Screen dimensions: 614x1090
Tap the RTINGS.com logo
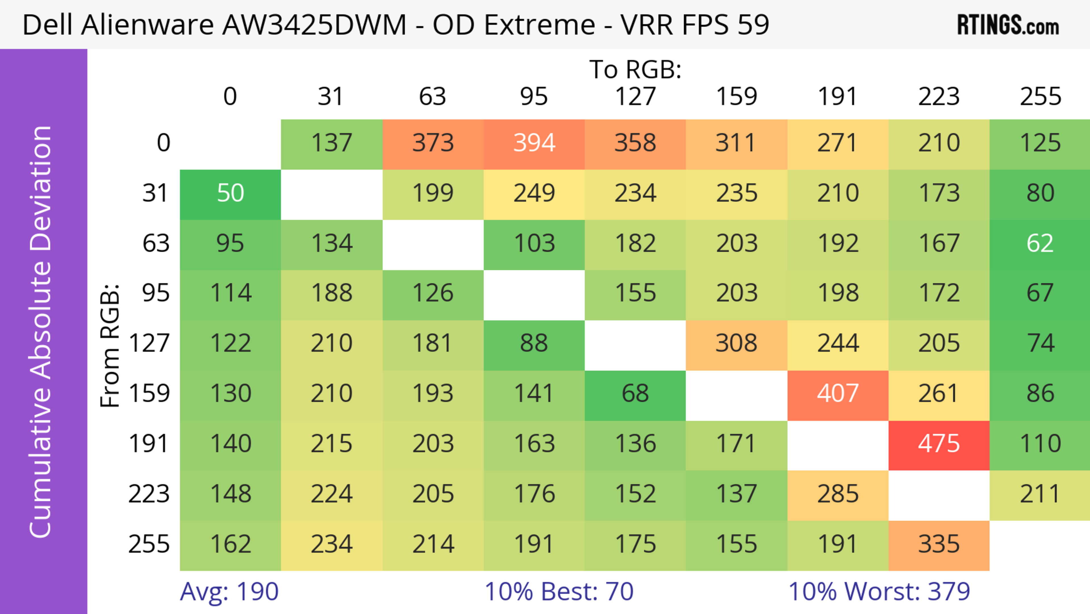[x=1008, y=25]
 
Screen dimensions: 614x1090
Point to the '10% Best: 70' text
[x=559, y=592]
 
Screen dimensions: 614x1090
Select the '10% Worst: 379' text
[x=879, y=592]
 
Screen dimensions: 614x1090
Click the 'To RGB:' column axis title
[x=635, y=69]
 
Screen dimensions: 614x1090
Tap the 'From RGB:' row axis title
[x=110, y=345]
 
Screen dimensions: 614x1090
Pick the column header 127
[x=635, y=97]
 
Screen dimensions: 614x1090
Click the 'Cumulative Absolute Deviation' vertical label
[x=41, y=332]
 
